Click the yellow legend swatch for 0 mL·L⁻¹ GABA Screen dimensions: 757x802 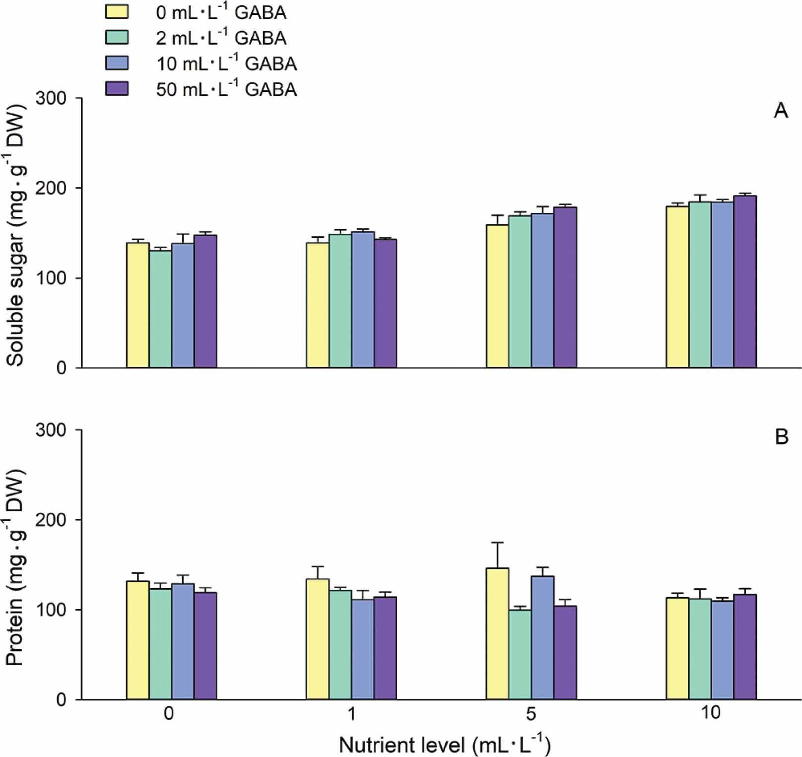point(117,11)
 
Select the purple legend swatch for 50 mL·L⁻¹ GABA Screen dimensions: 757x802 point(117,88)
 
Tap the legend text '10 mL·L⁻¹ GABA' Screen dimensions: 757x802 point(226,64)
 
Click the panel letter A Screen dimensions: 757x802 point(781,110)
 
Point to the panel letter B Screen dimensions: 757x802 point(782,437)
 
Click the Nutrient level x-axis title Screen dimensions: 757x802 point(445,745)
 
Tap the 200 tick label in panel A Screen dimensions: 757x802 point(51,188)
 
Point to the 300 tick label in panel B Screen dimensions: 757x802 point(51,430)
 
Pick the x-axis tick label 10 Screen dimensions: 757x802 point(711,713)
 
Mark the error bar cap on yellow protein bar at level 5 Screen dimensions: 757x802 point(497,543)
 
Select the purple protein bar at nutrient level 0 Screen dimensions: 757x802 point(205,646)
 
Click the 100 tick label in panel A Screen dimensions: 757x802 point(51,278)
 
